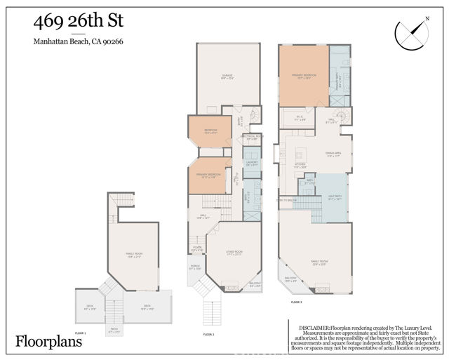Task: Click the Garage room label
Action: [x=227, y=76]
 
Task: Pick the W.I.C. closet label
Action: [x=300, y=119]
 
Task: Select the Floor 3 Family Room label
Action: [x=320, y=263]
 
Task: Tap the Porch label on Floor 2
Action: [x=195, y=267]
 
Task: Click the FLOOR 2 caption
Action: [x=208, y=335]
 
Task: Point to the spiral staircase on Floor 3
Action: [x=342, y=116]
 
